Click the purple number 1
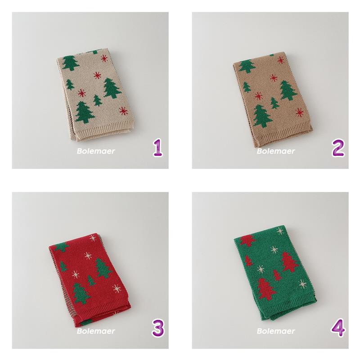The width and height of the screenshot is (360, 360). tap(158, 148)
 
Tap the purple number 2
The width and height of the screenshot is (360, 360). tap(338, 148)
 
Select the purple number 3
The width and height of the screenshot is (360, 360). tap(158, 328)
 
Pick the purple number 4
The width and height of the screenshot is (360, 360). tap(338, 328)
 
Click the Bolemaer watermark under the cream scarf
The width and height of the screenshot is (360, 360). tap(96, 151)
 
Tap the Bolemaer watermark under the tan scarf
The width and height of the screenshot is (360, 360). tap(276, 151)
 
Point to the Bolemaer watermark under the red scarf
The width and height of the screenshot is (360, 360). tap(96, 331)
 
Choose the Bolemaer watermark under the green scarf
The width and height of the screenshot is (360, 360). tap(276, 331)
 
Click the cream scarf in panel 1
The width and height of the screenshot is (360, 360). tap(95, 94)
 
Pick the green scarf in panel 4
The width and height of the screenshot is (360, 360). tap(275, 273)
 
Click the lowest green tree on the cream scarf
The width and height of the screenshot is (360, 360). tap(85, 112)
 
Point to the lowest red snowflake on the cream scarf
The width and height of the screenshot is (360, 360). tap(123, 111)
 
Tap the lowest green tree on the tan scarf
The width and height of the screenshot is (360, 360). tap(263, 116)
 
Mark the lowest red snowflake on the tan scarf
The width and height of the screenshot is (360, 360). tap(299, 112)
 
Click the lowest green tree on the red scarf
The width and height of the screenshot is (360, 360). tap(81, 293)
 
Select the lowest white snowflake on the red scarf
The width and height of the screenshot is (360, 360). tap(117, 288)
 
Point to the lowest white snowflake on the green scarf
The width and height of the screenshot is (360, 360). tap(302, 284)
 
